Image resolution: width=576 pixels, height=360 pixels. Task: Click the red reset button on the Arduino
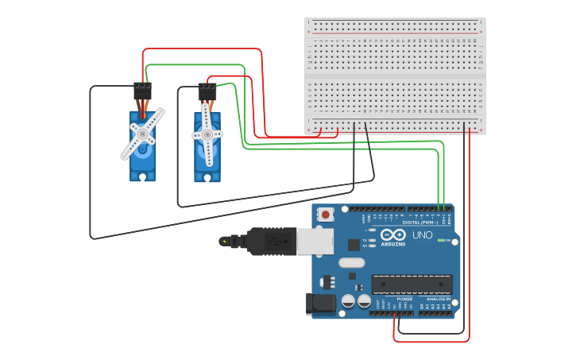tap(325, 214)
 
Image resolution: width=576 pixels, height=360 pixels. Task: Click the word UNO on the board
tap(423, 235)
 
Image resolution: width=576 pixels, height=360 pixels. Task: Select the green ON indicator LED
tap(441, 240)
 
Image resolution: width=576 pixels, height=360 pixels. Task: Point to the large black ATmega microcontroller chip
tap(412, 284)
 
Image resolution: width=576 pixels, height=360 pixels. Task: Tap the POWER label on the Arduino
tap(404, 299)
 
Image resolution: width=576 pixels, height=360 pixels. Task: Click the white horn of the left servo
tap(143, 134)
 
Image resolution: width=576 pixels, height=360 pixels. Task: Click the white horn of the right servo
tap(207, 134)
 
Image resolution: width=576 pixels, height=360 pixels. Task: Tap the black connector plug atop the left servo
tap(142, 91)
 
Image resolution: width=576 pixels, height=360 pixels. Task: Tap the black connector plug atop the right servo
tap(207, 91)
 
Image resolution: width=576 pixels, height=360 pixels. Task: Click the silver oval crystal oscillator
tap(351, 263)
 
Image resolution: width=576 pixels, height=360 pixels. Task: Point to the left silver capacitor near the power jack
tap(348, 301)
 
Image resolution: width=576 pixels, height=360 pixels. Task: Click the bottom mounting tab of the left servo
tap(143, 177)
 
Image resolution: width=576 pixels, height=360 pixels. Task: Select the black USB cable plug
tap(271, 242)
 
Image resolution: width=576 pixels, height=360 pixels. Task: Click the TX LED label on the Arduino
tap(365, 240)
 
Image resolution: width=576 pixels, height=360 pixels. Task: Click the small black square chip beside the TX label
tap(354, 245)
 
